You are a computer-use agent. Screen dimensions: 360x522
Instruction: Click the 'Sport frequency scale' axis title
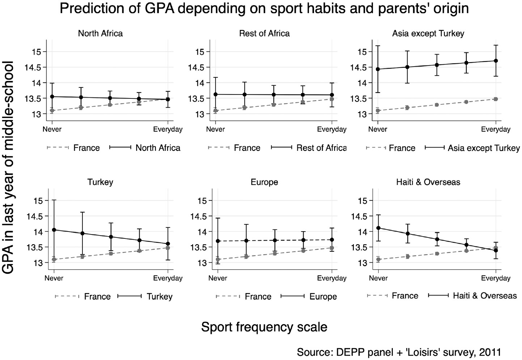(264, 327)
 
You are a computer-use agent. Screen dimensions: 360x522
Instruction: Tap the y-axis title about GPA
(8, 167)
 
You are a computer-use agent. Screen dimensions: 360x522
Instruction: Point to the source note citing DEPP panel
(399, 352)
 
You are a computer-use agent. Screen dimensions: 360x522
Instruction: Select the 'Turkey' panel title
(100, 182)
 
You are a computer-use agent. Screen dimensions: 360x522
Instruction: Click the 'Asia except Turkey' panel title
(428, 34)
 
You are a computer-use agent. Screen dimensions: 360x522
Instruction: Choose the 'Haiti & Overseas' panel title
(428, 182)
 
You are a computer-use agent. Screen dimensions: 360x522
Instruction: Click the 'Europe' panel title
(264, 182)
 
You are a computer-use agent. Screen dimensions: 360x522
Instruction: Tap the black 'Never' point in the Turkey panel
(54, 230)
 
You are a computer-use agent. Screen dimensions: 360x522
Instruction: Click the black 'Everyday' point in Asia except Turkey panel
(496, 61)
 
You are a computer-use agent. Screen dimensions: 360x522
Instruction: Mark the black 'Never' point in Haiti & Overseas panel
(378, 228)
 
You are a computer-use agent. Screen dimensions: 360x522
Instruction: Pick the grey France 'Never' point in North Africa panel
(52, 111)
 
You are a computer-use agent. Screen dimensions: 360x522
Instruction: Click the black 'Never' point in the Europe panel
(218, 241)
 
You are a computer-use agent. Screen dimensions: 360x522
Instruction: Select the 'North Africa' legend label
(158, 148)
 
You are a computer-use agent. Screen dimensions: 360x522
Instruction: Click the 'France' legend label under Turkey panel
(97, 297)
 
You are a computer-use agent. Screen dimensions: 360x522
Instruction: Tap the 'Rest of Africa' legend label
(321, 148)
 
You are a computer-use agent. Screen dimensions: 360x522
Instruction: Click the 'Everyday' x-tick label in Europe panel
(331, 278)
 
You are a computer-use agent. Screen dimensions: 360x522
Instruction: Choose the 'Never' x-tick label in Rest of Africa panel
(216, 129)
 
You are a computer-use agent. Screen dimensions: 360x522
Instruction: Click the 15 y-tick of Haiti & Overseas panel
(362, 201)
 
